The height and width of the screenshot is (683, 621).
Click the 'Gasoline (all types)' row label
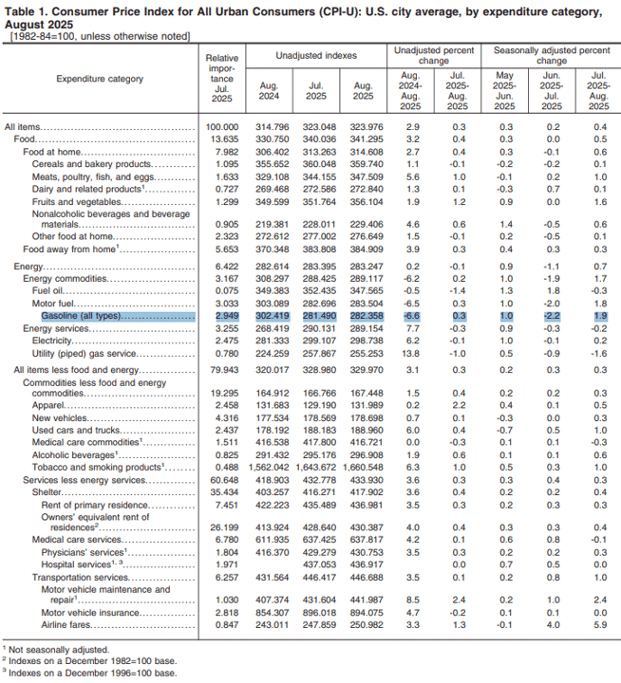81,316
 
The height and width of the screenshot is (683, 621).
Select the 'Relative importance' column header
222,79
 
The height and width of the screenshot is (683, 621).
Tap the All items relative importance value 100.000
222,127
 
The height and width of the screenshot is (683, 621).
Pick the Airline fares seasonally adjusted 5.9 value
600,624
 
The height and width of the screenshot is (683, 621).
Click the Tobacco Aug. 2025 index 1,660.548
363,468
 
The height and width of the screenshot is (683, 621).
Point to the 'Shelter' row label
47,492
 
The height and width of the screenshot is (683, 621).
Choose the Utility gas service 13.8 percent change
410,354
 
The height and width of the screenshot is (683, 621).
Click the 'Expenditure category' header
100,79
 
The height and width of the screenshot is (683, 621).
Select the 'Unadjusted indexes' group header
316,56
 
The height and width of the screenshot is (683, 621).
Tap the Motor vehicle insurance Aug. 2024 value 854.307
273,613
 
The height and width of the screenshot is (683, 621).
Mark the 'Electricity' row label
51,341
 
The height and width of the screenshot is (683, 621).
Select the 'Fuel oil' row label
47,291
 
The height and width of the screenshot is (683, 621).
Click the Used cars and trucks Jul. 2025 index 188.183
319,431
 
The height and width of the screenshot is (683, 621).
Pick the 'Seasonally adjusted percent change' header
552,56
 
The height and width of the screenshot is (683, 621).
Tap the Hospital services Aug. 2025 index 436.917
367,564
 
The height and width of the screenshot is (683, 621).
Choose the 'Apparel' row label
48,406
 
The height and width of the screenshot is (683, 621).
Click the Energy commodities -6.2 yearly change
410,279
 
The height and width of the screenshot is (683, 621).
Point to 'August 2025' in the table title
39,26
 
